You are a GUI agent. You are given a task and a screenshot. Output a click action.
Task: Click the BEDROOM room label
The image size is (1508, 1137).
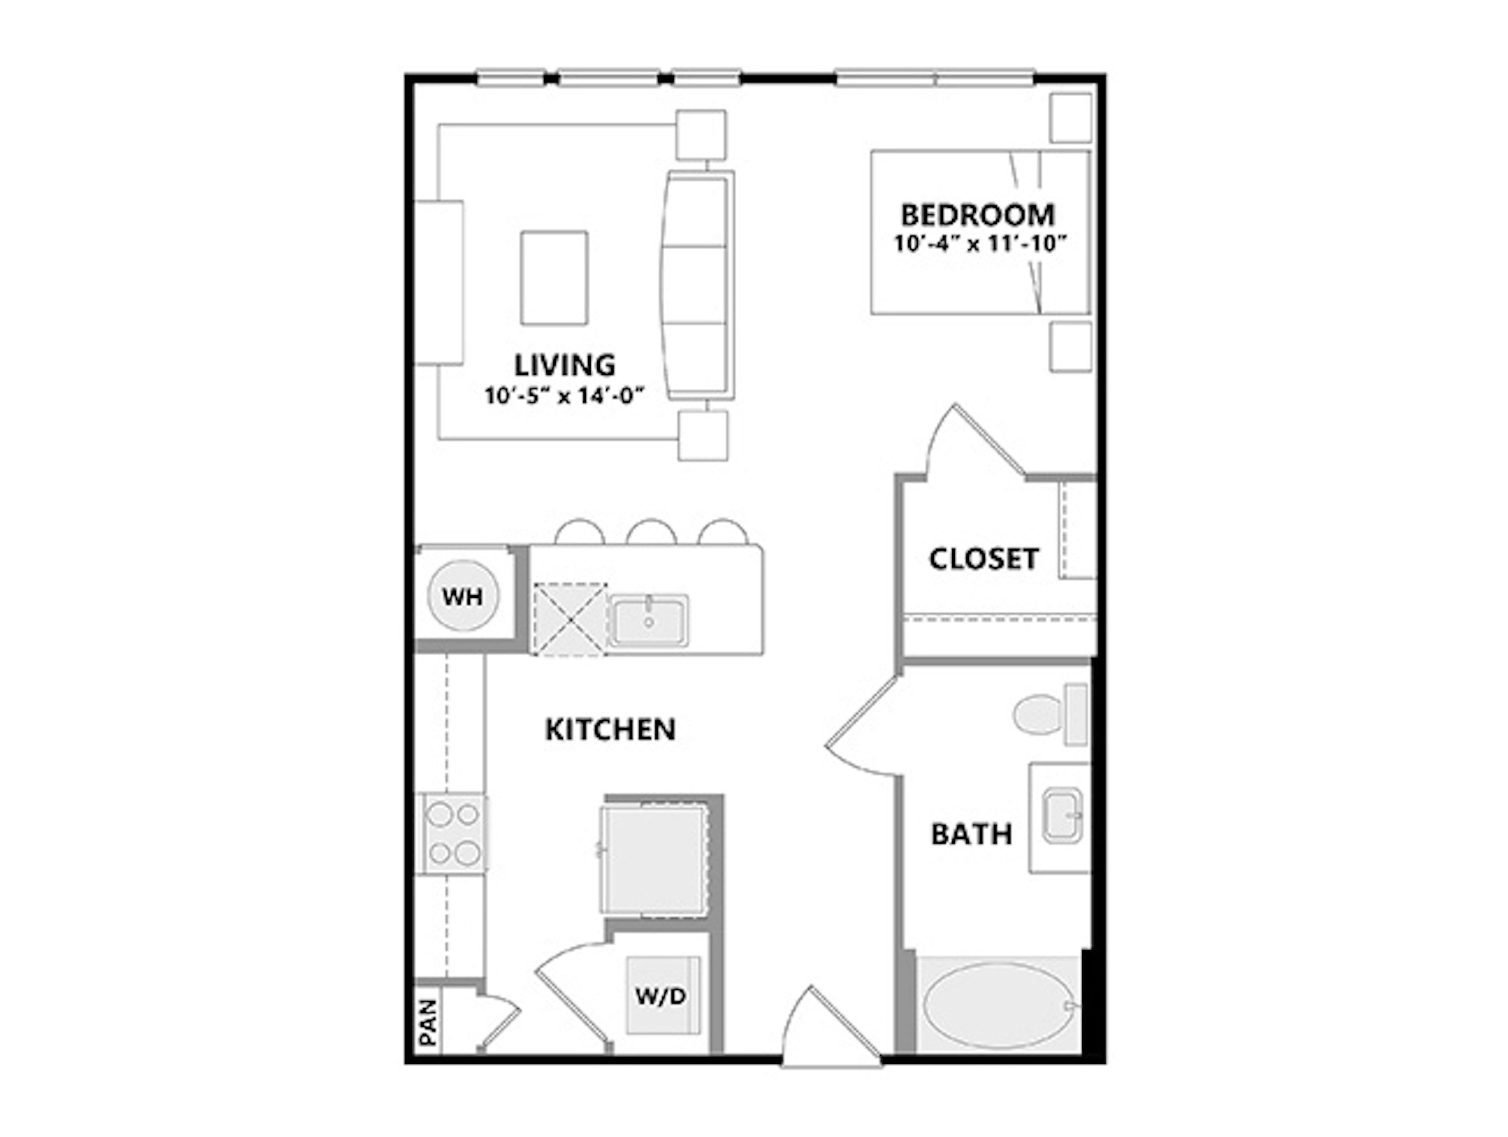(x=978, y=215)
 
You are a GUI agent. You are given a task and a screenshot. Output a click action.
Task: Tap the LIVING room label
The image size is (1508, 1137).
(x=564, y=365)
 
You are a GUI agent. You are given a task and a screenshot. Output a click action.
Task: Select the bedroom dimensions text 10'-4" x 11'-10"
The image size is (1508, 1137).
(x=980, y=244)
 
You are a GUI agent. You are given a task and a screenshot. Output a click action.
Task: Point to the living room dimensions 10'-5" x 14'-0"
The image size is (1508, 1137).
(x=564, y=395)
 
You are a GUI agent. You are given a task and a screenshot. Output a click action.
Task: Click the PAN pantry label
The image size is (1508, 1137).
(x=428, y=1022)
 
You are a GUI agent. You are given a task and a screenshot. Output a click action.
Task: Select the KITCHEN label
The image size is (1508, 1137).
(x=610, y=729)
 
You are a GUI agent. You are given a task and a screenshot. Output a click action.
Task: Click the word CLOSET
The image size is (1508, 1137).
(x=983, y=559)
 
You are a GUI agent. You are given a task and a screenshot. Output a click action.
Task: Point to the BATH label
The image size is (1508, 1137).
(x=972, y=834)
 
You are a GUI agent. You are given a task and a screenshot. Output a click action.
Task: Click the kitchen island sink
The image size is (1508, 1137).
(x=648, y=620)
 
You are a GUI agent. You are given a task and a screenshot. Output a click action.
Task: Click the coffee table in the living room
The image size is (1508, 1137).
(x=554, y=277)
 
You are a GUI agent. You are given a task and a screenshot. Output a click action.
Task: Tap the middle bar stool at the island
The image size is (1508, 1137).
(x=651, y=533)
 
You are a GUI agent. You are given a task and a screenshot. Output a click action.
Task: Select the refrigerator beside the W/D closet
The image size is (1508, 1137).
(x=653, y=861)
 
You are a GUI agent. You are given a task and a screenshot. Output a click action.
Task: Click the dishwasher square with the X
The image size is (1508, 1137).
(x=569, y=619)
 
